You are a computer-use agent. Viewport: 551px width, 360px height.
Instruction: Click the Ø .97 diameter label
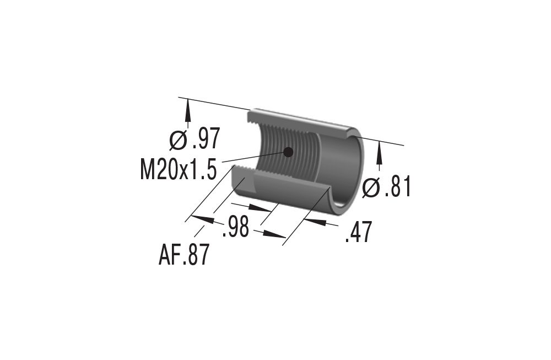pyautogui.click(x=195, y=139)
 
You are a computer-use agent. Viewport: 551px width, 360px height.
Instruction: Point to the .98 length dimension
pyautogui.click(x=236, y=227)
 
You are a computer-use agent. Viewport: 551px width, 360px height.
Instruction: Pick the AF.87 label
pyautogui.click(x=184, y=256)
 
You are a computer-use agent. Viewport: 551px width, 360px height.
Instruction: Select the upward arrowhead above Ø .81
pyautogui.click(x=380, y=155)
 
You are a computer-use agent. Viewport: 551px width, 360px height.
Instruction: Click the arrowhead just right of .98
pyautogui.click(x=273, y=235)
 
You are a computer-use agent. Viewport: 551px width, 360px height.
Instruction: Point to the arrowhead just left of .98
pyautogui.click(x=204, y=221)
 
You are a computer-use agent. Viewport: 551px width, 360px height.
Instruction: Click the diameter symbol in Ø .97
pyautogui.click(x=179, y=140)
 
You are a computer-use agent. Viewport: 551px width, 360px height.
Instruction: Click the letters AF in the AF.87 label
pyautogui.click(x=169, y=256)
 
